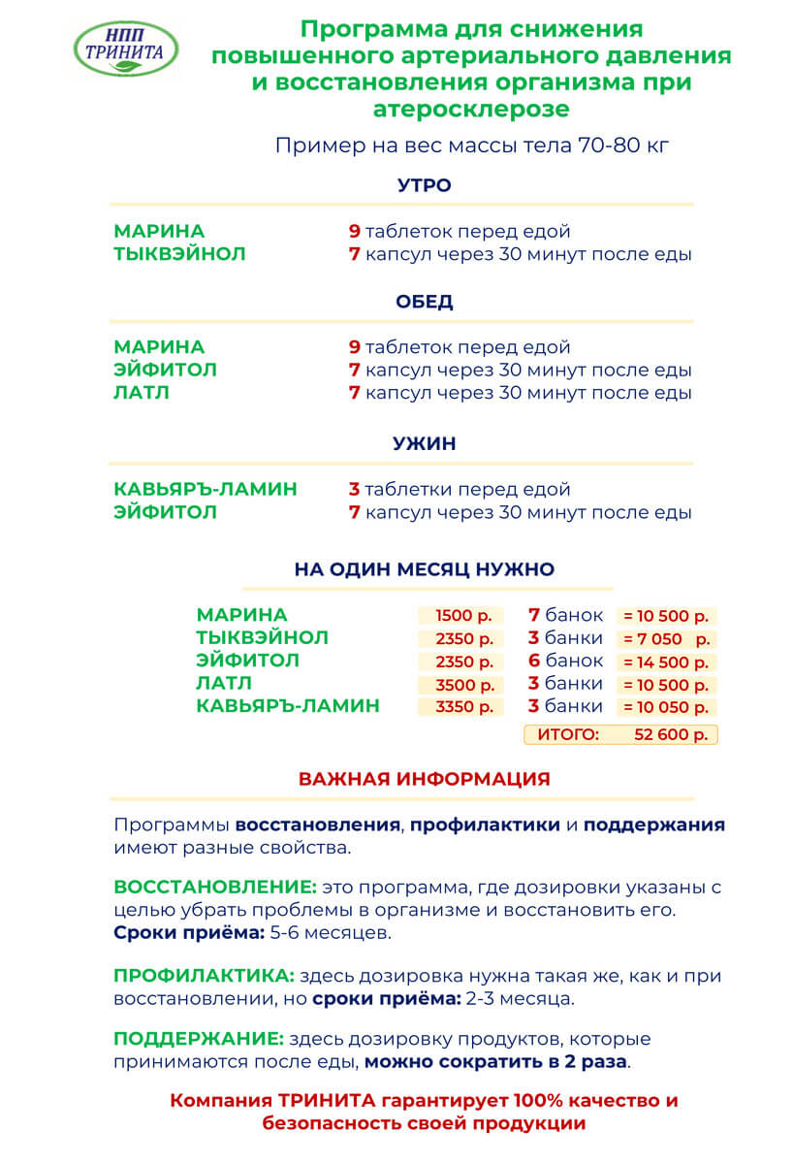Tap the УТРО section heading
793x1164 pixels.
[x=424, y=185]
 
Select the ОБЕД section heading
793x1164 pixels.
[x=424, y=302]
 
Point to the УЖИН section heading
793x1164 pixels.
[x=424, y=444]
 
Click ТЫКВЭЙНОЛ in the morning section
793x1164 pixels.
[x=179, y=255]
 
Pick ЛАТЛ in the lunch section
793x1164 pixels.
[x=142, y=394]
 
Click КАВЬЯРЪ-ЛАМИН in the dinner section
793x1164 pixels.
[x=206, y=490]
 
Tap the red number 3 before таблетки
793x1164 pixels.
[x=354, y=490]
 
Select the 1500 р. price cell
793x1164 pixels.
[x=460, y=616]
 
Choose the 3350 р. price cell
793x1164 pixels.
[x=460, y=707]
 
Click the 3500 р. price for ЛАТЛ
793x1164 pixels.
[x=460, y=685]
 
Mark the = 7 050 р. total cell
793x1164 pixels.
[x=667, y=639]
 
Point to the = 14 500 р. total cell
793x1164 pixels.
[x=667, y=663]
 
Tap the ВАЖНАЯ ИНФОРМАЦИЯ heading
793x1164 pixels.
[x=424, y=779]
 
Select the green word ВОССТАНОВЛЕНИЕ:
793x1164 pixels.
[x=215, y=888]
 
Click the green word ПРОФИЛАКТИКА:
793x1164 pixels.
[x=204, y=975]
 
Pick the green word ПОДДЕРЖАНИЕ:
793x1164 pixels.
[x=199, y=1039]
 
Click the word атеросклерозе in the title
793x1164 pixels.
[x=471, y=109]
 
